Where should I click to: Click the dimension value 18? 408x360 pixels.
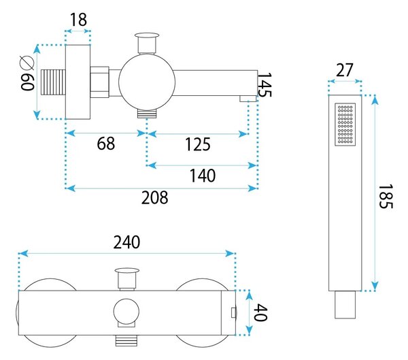coord(78,19)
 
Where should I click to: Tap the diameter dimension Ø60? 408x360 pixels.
coord(27,73)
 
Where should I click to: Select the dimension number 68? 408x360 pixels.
coord(106,144)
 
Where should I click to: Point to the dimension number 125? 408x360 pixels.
coord(198,144)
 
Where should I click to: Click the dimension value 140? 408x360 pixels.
coord(203,176)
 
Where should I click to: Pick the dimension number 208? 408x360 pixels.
coord(155,198)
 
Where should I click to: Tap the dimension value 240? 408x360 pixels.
coord(126,242)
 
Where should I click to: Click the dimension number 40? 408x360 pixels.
coord(260,312)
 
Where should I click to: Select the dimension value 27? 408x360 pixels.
coord(345,70)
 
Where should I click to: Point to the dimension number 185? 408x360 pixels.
coord(386,197)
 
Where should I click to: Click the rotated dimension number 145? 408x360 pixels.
coord(265,84)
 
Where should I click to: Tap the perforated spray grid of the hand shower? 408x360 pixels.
coord(345,125)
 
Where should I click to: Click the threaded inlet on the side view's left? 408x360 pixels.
coord(53,82)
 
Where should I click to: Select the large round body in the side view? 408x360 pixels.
coord(147,82)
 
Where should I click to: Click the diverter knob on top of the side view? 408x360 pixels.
coord(147,42)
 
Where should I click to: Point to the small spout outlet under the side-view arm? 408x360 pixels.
coord(248,99)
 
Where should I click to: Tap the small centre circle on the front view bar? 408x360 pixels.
coord(126,311)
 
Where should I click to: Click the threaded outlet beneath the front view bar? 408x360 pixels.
coord(126,340)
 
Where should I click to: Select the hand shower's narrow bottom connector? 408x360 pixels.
coord(345,304)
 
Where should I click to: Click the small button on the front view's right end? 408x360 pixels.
coord(234,312)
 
